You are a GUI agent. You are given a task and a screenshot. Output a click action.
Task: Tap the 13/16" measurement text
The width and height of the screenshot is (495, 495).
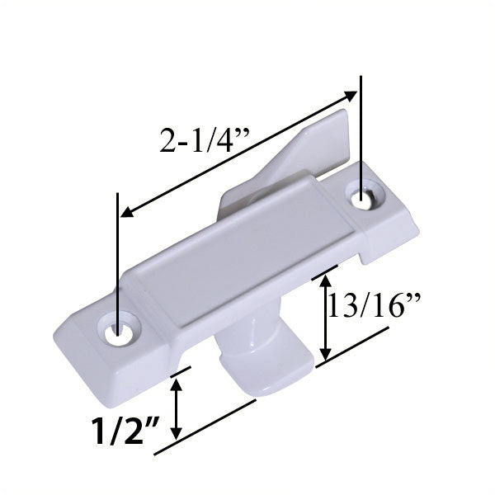(x=375, y=307)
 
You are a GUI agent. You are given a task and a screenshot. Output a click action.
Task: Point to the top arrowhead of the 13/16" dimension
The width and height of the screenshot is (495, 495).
(x=327, y=282)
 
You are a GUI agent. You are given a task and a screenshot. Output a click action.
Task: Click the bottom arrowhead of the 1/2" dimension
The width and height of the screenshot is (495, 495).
(x=176, y=437)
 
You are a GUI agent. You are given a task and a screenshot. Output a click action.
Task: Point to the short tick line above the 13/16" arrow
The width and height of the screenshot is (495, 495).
(x=325, y=272)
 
